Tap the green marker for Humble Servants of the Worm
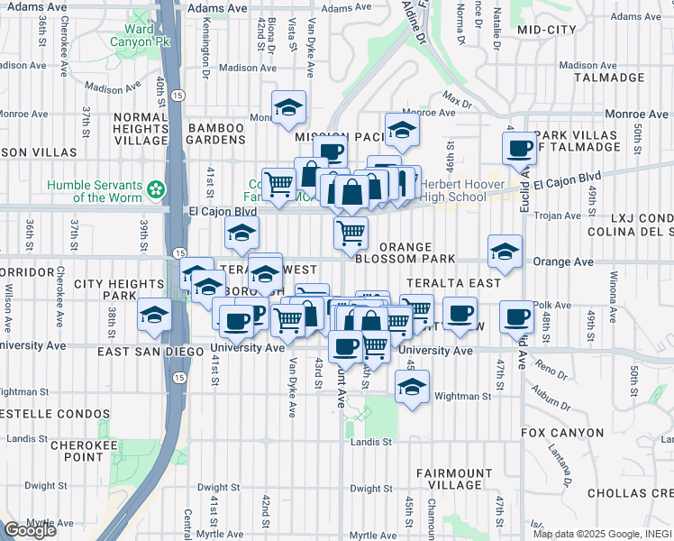[x=157, y=189]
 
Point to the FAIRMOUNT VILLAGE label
[x=449, y=479]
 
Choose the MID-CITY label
[x=547, y=30]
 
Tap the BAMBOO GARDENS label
[x=216, y=134]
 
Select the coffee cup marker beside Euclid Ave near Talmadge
[x=520, y=148]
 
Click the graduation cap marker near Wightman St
[x=412, y=388]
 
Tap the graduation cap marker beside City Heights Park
[x=154, y=316]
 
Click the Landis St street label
[x=371, y=442]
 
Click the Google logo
[x=30, y=530]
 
